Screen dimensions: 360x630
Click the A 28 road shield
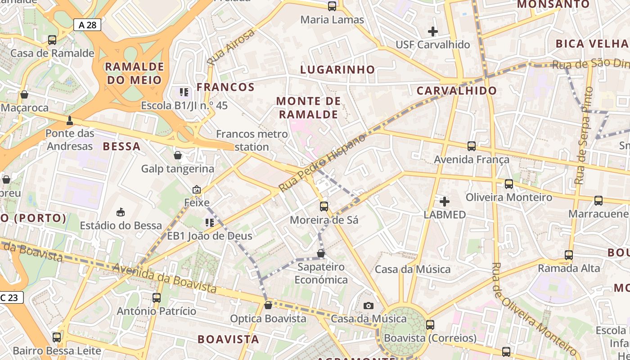(x=87, y=25)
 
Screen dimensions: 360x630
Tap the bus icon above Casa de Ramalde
(x=52, y=40)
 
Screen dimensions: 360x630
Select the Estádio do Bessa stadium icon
(x=121, y=212)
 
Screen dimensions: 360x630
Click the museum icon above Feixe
(x=197, y=190)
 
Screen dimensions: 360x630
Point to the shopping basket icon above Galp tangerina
(x=178, y=156)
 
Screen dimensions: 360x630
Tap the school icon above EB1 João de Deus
(x=209, y=222)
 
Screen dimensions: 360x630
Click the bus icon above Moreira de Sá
(x=324, y=207)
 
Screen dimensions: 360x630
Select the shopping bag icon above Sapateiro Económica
(x=321, y=253)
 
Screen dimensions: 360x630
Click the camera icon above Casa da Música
(x=368, y=306)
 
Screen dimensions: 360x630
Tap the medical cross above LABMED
(x=445, y=201)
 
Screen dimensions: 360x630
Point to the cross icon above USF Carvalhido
(x=433, y=31)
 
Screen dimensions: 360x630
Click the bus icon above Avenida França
(x=472, y=146)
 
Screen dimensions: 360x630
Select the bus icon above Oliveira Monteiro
(x=508, y=184)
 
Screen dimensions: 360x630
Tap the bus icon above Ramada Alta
(x=569, y=255)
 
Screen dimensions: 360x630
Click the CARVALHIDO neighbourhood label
(x=456, y=90)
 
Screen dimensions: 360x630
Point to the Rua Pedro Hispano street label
(x=322, y=163)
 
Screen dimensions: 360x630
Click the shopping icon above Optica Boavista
(x=268, y=306)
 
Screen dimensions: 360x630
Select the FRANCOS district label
(x=225, y=87)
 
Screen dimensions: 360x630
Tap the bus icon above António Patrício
(x=157, y=298)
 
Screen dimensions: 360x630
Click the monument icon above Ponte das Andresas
(x=70, y=121)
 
